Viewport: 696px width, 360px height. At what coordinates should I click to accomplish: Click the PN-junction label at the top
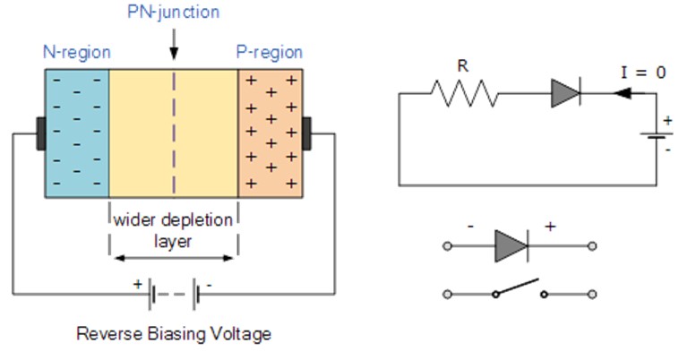[174, 13]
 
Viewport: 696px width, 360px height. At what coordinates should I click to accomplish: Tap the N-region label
[76, 52]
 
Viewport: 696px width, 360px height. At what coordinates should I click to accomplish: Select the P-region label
[269, 52]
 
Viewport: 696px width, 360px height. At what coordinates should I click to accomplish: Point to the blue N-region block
[76, 133]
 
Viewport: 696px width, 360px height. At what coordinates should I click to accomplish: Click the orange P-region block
[271, 133]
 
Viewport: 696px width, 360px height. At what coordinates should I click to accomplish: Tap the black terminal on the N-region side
[40, 133]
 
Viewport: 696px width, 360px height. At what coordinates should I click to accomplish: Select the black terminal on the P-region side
[307, 133]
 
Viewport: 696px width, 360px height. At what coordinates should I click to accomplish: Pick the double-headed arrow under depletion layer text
[174, 258]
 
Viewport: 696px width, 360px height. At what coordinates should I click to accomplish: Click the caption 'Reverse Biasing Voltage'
[174, 334]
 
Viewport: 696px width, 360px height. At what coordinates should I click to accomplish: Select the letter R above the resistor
[462, 66]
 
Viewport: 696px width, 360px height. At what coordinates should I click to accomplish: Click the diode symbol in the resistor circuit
[566, 92]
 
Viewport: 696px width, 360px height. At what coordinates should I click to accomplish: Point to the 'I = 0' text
[643, 73]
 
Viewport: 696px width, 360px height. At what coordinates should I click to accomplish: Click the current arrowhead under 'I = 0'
[627, 92]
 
